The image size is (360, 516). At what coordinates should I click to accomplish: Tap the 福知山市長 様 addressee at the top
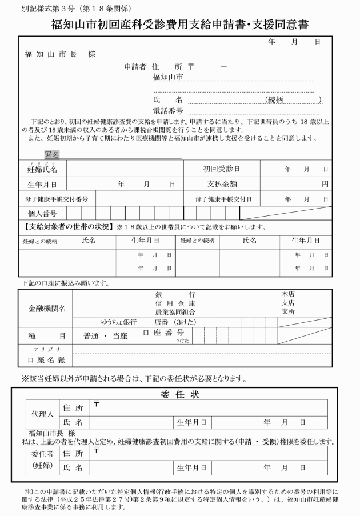(x=60, y=54)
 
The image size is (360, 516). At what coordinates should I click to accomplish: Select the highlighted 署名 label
(x=52, y=154)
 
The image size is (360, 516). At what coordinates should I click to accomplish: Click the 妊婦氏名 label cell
(x=42, y=169)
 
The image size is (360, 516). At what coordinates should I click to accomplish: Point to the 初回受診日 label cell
(x=222, y=169)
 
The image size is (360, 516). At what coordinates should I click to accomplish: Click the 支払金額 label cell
(x=222, y=185)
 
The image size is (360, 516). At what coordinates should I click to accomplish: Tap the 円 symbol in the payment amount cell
(x=325, y=185)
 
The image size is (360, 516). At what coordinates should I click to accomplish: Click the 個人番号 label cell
(x=42, y=213)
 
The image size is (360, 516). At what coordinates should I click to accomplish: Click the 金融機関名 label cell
(x=47, y=309)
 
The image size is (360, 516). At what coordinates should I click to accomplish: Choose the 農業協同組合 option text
(x=175, y=312)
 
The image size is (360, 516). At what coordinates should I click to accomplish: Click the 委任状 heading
(x=179, y=394)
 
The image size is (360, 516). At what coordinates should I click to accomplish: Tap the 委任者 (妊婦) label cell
(x=37, y=461)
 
